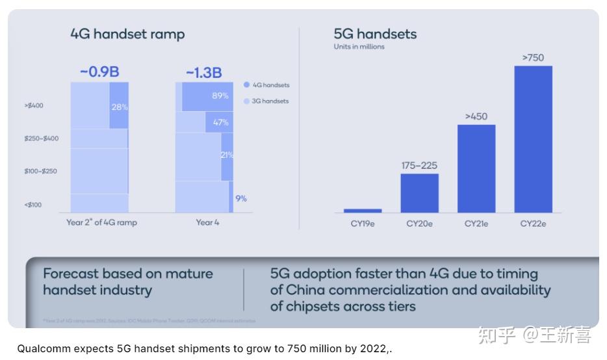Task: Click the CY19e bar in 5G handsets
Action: point(363,211)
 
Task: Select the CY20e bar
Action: point(419,193)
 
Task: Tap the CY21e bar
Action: point(476,168)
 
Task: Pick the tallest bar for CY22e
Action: point(533,139)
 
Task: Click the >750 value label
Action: point(533,58)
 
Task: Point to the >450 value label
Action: point(476,116)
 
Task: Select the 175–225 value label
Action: point(419,166)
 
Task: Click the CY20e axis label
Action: point(419,224)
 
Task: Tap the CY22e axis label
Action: point(533,224)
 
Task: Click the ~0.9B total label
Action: point(99,72)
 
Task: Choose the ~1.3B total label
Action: point(204,73)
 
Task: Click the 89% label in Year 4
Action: point(220,96)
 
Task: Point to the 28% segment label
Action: point(120,107)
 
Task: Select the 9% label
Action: point(241,199)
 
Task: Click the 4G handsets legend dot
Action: point(246,85)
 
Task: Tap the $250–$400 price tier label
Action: point(42,138)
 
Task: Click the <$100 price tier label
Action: point(33,205)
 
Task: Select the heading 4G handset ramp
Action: point(127,34)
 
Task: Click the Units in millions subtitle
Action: point(359,47)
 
